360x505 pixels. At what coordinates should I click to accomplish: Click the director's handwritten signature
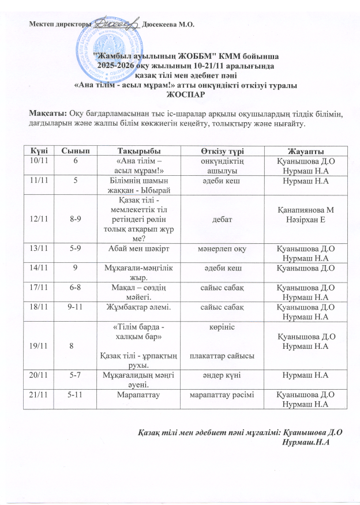(115, 24)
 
